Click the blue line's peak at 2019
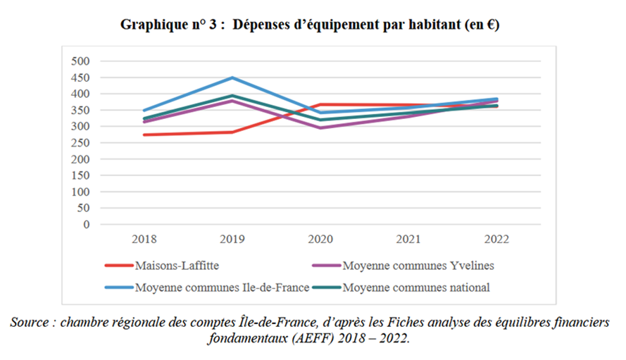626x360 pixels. (232, 77)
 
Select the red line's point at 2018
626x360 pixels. (144, 135)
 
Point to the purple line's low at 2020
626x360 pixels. (320, 128)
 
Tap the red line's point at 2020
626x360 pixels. (320, 104)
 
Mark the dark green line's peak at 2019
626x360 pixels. (232, 95)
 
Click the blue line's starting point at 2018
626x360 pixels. (144, 111)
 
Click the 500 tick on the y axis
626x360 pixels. (82, 61)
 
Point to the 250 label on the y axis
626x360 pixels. (82, 143)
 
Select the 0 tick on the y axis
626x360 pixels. (86, 225)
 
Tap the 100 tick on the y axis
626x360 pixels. (82, 192)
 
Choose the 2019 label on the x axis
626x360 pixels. (232, 240)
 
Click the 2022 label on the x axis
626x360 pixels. (496, 240)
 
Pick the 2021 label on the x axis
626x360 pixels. (408, 240)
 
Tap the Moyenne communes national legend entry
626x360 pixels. (415, 287)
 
